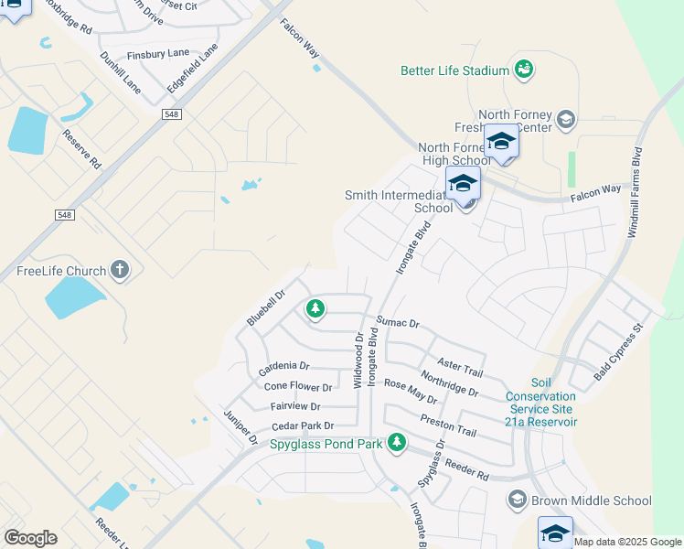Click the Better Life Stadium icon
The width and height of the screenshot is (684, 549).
coord(524,70)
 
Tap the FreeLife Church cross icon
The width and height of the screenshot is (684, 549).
coord(119,270)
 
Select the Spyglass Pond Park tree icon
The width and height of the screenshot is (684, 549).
coord(396,443)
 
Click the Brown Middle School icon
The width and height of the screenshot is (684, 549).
coord(518,500)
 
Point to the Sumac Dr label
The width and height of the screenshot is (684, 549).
coord(397,323)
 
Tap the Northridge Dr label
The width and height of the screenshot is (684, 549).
coord(449,383)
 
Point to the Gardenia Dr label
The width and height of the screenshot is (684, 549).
coord(283,367)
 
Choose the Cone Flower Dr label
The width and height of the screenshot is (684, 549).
coord(297,387)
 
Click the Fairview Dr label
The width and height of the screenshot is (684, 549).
coord(295,406)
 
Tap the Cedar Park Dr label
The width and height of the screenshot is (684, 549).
coord(303,426)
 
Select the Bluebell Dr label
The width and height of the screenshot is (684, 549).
coord(266,307)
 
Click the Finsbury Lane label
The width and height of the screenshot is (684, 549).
coord(158,54)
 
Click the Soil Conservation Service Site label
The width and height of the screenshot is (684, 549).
coord(541,403)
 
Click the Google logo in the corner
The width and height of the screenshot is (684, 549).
coord(30,538)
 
